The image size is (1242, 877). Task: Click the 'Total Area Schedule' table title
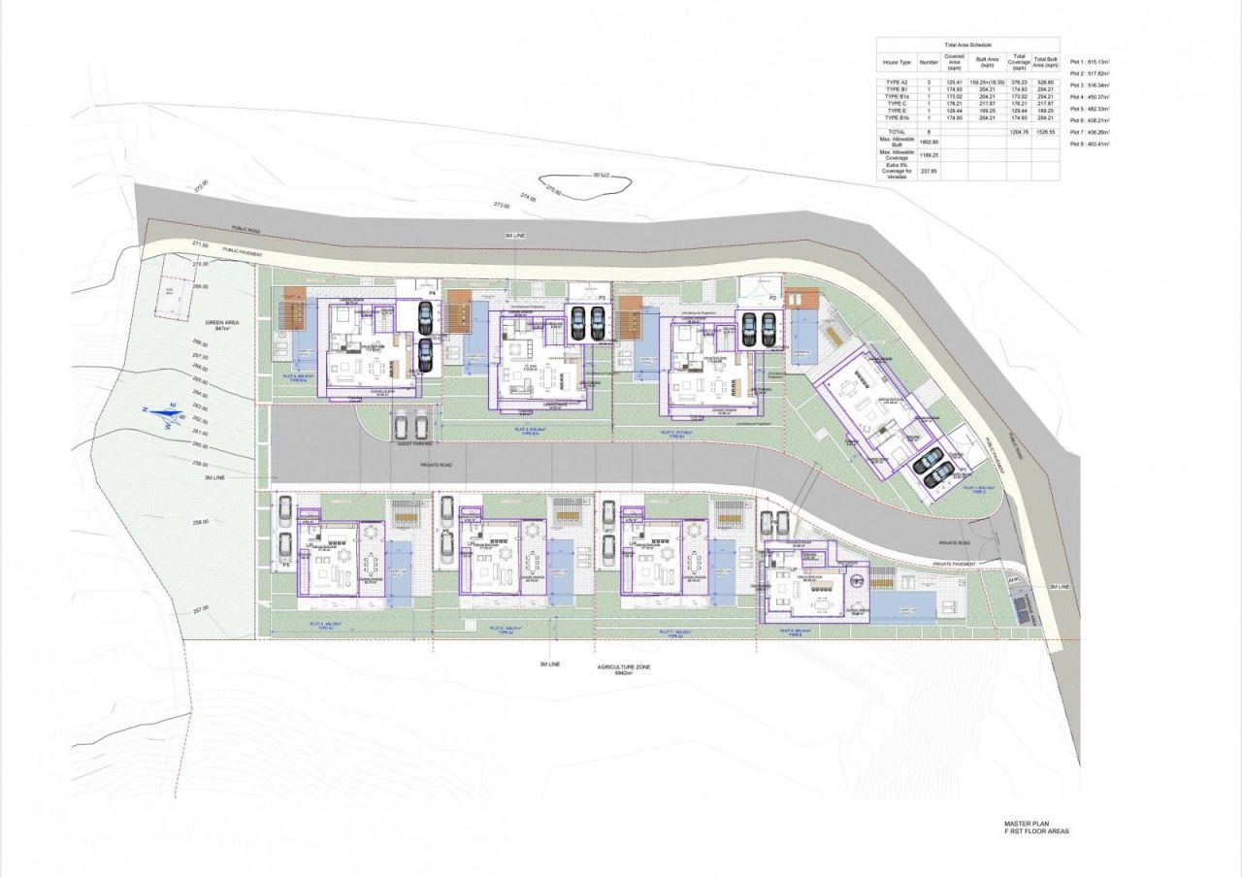[x=966, y=46]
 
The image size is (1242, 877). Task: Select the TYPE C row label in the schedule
[x=896, y=104]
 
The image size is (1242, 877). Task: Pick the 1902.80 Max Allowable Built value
[x=926, y=142]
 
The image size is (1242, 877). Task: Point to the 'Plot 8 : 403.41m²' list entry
[x=1090, y=144]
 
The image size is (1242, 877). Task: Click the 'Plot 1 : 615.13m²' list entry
[x=1090, y=62]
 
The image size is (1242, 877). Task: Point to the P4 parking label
[x=433, y=292]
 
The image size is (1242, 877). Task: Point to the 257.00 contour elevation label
[x=201, y=608]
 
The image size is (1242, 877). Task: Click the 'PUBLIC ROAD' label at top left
[x=246, y=229]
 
